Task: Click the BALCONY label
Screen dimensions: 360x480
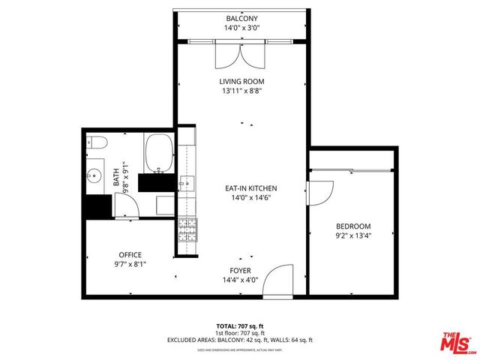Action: pyautogui.click(x=241, y=18)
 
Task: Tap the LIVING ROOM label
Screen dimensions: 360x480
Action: pyautogui.click(x=241, y=81)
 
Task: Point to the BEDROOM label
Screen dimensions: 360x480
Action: pyautogui.click(x=353, y=226)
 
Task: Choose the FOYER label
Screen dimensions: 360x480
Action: pyautogui.click(x=241, y=270)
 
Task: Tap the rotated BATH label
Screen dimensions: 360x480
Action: pyautogui.click(x=116, y=177)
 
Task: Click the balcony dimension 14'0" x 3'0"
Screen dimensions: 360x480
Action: pyautogui.click(x=241, y=28)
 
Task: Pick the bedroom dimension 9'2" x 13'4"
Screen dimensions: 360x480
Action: pyautogui.click(x=353, y=235)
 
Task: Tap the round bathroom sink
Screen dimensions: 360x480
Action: pyautogui.click(x=94, y=177)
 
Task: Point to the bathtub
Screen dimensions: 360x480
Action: pyautogui.click(x=158, y=152)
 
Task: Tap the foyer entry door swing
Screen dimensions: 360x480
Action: pyautogui.click(x=279, y=279)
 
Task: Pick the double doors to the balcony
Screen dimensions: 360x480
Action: pyautogui.click(x=241, y=55)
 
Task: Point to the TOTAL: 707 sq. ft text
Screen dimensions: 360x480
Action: pyautogui.click(x=241, y=325)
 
